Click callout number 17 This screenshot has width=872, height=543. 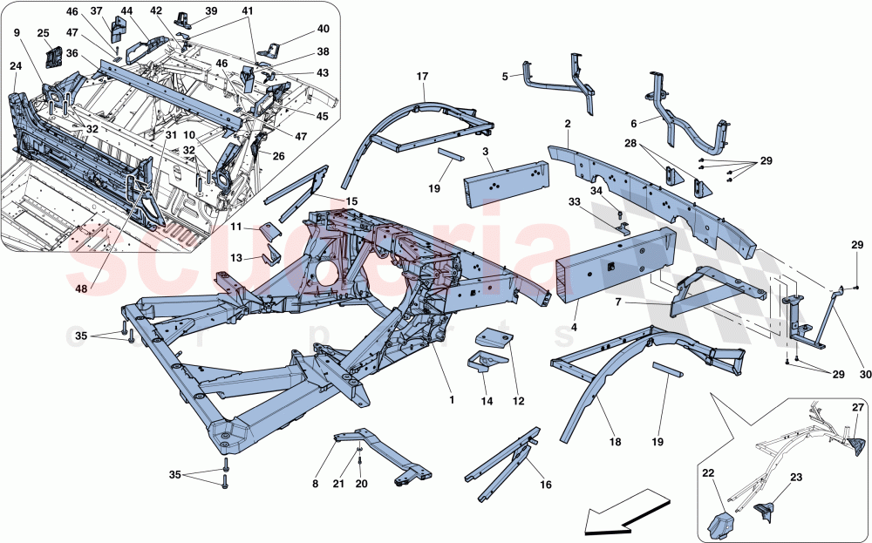pyautogui.click(x=423, y=77)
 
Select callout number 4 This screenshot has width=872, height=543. pyautogui.click(x=574, y=329)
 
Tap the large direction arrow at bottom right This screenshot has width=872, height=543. pyautogui.click(x=620, y=515)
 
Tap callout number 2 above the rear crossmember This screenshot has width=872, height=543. pyautogui.click(x=567, y=125)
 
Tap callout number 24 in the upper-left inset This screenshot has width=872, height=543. pyautogui.click(x=16, y=65)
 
